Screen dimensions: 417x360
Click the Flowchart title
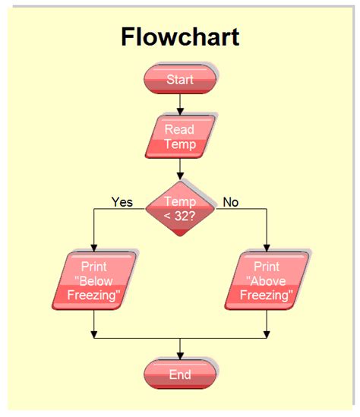180,36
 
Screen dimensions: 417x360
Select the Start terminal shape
180,79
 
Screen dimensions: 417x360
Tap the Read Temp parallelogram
180,137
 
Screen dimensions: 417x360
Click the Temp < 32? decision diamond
180,208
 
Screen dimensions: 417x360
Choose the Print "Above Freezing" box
267,281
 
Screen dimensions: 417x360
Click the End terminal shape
180,374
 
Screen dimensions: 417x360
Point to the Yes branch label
122,202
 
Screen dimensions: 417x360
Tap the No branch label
230,202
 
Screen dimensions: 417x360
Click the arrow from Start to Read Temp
180,103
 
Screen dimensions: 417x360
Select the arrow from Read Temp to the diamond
180,169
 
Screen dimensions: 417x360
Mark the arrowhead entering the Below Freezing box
93,247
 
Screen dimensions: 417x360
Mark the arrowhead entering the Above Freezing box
267,247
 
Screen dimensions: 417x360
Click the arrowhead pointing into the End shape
180,355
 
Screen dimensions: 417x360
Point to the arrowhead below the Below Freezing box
93,333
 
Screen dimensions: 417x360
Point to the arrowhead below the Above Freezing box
267,333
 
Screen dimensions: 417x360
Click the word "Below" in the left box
96,281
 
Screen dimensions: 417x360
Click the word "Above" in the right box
267,281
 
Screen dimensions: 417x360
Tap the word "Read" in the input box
180,129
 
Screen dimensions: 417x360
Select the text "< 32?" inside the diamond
180,216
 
